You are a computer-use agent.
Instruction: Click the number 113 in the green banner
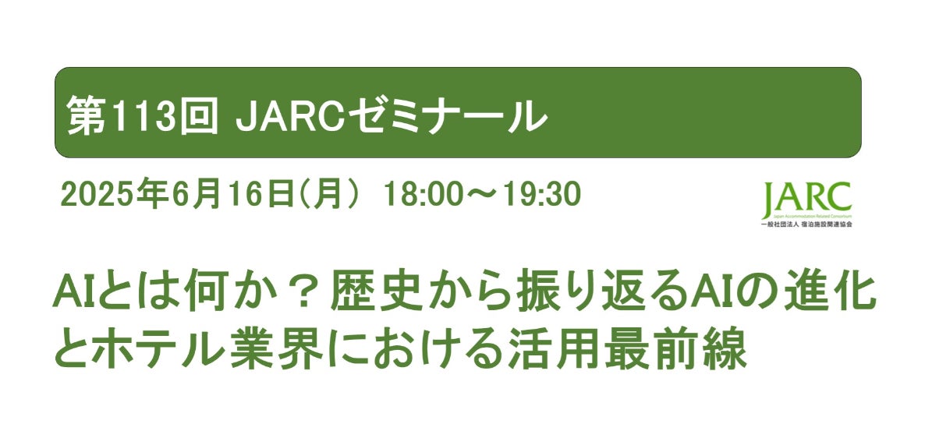click(x=142, y=115)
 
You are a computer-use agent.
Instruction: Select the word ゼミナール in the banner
click(x=444, y=115)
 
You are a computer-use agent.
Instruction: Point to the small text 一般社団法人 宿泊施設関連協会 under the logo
click(x=807, y=224)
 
